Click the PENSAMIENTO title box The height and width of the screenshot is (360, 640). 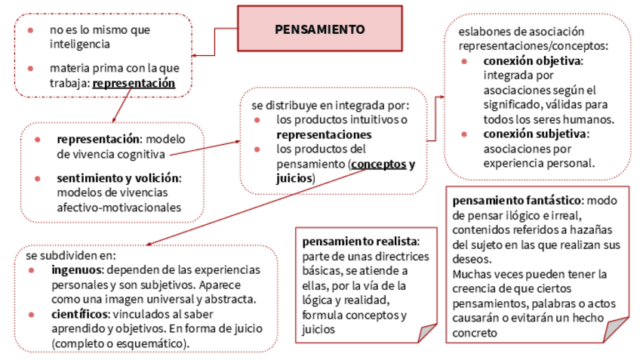319,29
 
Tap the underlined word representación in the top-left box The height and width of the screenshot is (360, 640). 134,83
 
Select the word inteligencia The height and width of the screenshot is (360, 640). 82,45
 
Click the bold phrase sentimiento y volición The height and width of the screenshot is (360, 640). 118,178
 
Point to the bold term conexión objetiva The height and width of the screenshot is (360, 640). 533,60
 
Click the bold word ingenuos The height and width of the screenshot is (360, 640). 75,269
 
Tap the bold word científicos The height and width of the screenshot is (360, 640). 78,313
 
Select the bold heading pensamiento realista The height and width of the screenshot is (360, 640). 360,242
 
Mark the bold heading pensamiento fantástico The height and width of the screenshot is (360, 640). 517,201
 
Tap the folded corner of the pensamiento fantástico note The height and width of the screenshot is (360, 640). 617,330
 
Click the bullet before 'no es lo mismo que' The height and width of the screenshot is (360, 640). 30,30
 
